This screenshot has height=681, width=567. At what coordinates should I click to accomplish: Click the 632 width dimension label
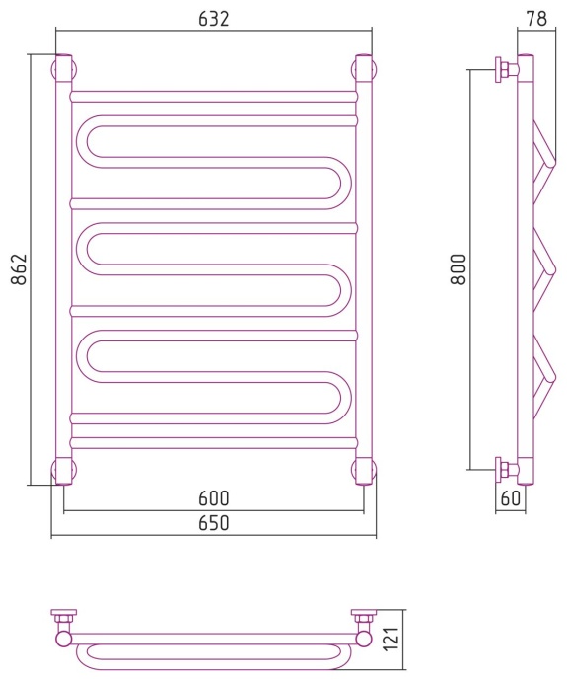coord(213,19)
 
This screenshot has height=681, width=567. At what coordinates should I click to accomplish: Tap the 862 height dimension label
coord(19,269)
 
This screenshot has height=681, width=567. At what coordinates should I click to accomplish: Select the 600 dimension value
coord(213,498)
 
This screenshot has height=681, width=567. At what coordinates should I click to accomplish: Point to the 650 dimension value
coord(213,523)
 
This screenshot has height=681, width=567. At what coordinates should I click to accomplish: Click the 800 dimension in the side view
coord(459,269)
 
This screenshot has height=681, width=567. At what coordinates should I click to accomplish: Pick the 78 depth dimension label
coord(536,19)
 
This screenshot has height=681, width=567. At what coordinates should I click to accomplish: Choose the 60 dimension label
coord(510,498)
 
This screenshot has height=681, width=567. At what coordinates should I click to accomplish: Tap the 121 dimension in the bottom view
coord(391,639)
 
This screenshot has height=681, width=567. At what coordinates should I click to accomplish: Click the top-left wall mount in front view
coord(64,69)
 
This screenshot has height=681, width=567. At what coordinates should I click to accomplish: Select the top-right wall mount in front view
coord(364,69)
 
